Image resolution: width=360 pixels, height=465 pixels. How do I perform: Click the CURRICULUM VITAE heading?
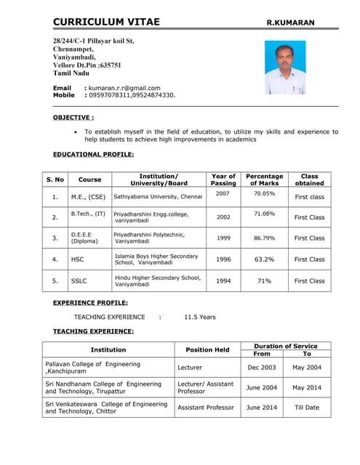(106, 23)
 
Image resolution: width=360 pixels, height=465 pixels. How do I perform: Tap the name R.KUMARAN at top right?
(290, 23)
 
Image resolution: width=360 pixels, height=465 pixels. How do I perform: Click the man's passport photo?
(284, 68)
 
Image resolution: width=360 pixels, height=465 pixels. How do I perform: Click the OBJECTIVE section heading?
(73, 117)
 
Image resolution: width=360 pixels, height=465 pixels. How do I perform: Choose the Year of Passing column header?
(223, 179)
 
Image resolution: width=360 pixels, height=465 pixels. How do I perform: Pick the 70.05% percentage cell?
(264, 194)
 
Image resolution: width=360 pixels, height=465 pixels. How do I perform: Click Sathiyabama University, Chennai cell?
(158, 196)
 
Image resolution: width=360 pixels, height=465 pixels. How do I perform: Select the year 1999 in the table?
(223, 238)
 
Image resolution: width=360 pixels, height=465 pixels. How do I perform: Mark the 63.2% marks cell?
(264, 259)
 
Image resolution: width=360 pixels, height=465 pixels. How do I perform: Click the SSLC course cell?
(79, 280)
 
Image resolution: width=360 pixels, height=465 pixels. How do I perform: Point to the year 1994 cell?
(223, 280)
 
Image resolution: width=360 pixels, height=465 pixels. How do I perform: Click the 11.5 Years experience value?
(199, 317)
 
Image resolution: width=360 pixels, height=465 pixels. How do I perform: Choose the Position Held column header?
(207, 349)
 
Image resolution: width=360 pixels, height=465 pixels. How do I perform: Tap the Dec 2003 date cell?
(261, 368)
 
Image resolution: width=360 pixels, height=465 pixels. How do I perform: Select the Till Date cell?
(306, 408)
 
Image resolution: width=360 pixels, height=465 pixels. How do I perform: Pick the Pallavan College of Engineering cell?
(93, 367)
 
